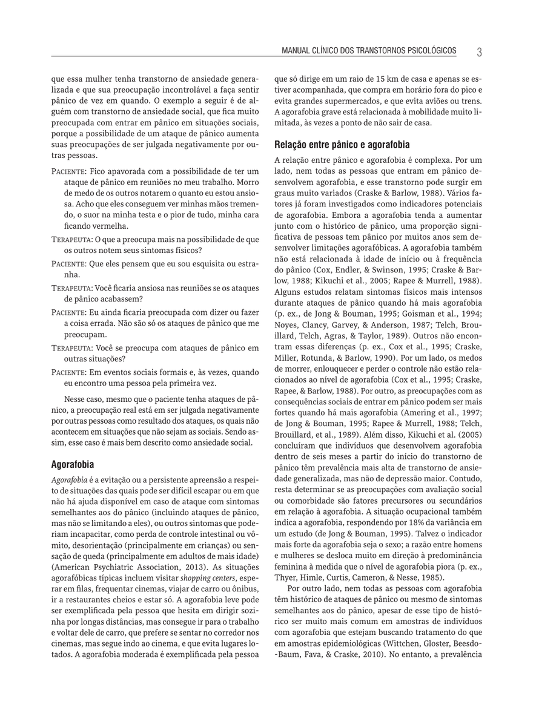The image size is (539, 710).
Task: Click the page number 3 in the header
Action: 479,52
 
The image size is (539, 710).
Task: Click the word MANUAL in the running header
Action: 296,51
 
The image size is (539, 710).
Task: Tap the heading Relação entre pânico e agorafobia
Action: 342,145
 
